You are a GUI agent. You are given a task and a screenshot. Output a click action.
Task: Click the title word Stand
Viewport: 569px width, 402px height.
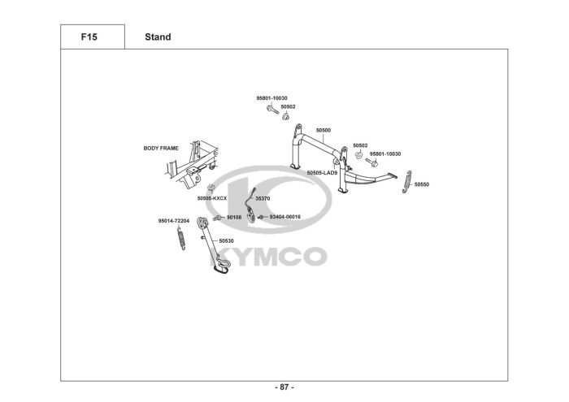(x=158, y=37)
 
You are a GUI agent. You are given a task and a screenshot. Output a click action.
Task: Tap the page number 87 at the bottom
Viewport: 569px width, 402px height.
(x=285, y=387)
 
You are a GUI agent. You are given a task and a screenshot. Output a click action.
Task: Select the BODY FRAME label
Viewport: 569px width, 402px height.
(x=161, y=149)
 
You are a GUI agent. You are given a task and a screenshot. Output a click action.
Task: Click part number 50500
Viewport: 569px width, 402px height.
(x=324, y=130)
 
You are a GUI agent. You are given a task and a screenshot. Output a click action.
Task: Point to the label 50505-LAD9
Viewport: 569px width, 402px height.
(x=322, y=173)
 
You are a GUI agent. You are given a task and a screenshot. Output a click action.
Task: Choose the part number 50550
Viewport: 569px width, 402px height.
(x=421, y=185)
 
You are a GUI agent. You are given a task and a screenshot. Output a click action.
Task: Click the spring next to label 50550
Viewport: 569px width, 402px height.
(x=409, y=183)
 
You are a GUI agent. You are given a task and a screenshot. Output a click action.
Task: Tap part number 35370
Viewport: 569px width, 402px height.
(x=263, y=198)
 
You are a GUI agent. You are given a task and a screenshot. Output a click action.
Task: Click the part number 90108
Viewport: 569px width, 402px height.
(x=234, y=218)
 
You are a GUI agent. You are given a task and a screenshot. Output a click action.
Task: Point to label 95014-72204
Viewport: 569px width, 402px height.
(x=173, y=220)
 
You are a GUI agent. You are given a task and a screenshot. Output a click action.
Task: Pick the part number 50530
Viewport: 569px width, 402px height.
(x=226, y=240)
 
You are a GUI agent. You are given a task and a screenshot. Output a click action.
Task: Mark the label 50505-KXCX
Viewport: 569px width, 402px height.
(x=212, y=198)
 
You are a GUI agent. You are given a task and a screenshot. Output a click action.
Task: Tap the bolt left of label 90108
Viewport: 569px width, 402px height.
(x=219, y=218)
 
